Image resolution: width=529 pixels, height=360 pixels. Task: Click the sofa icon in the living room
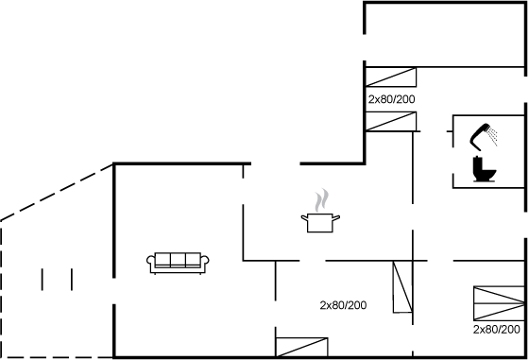tap(179, 263)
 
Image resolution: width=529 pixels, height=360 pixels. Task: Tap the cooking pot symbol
tap(320, 223)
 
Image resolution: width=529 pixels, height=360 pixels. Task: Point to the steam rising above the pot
tap(322, 200)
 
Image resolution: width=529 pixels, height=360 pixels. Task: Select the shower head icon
tap(485, 133)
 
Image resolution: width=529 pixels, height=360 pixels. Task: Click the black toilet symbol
tap(484, 170)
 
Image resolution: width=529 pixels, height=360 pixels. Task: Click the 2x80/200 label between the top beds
tap(391, 98)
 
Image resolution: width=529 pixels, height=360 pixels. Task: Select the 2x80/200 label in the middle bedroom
tap(343, 305)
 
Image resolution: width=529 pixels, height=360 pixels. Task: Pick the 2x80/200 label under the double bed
tap(497, 330)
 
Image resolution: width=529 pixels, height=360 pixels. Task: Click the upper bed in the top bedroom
tap(391, 77)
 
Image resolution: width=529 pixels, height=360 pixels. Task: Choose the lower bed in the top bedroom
tap(391, 120)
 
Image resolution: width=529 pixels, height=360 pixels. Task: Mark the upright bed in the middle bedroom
tap(403, 287)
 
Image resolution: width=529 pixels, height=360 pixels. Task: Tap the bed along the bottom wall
tap(300, 347)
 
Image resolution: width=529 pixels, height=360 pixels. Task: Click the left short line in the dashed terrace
tap(43, 279)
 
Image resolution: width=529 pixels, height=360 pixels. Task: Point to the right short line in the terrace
tap(72, 279)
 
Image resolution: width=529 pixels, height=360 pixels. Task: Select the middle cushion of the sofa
tap(179, 261)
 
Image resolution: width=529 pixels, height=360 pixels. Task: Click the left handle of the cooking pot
tap(304, 219)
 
